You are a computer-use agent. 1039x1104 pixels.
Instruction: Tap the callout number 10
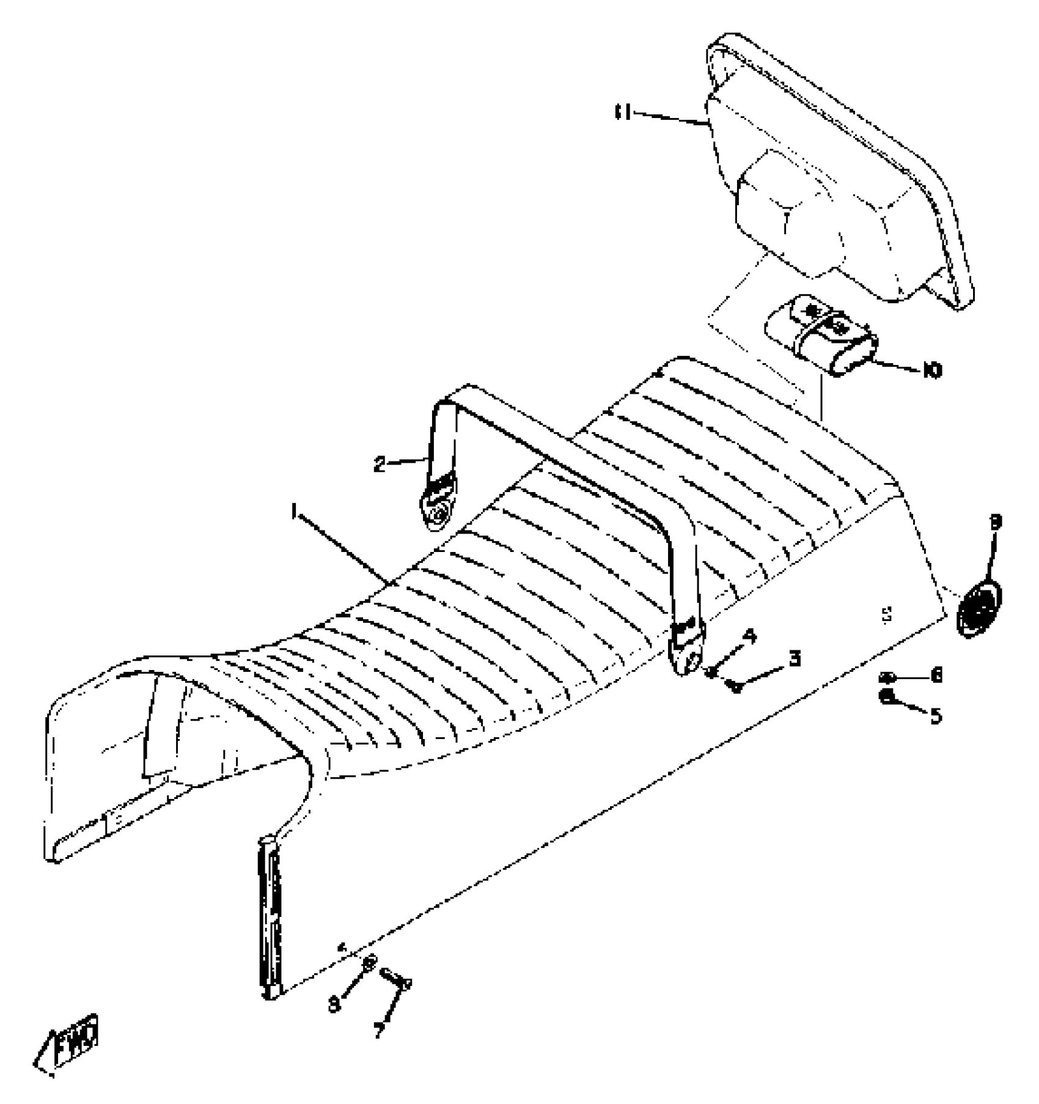click(932, 370)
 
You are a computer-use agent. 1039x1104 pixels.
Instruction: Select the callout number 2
click(380, 465)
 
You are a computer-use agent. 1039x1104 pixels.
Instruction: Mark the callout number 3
click(795, 660)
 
